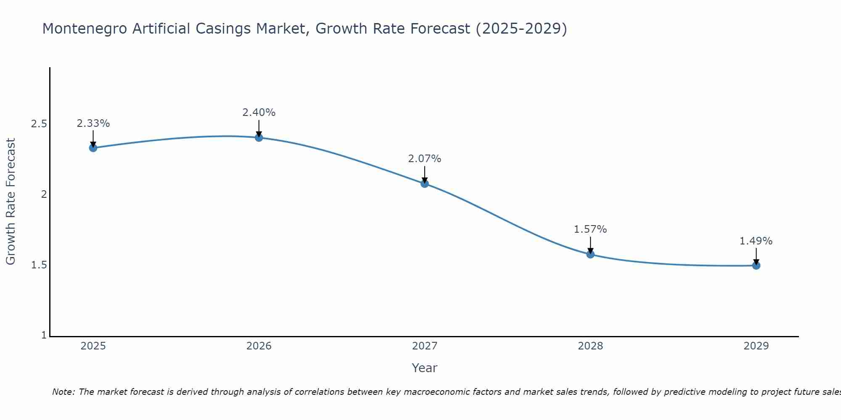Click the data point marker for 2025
pos(93,148)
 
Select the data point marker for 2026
pos(259,137)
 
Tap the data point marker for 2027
pos(424,184)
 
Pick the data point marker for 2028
pos(590,254)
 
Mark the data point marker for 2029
pos(756,265)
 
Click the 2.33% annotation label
pos(93,123)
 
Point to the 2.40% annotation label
pos(259,113)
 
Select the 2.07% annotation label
pos(424,159)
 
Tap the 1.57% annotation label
pos(590,229)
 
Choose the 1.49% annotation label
pos(756,241)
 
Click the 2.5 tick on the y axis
pos(39,124)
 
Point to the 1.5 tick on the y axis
pos(39,265)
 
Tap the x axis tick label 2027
pos(424,346)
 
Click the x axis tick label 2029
pos(756,346)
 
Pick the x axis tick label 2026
pos(259,346)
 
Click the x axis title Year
pos(424,368)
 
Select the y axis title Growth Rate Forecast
pos(11,202)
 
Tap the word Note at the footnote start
pos(63,392)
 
